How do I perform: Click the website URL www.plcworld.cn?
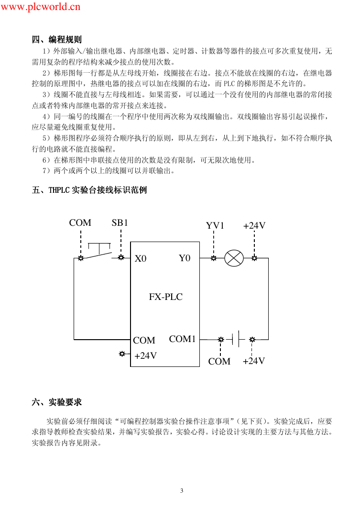point(40,7)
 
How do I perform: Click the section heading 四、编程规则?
point(57,40)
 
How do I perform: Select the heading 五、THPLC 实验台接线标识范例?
point(89,190)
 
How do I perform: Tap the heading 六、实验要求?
point(57,402)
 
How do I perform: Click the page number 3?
point(182,490)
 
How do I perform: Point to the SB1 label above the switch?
point(120,223)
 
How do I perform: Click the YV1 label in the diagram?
point(215,225)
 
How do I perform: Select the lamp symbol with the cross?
point(234,258)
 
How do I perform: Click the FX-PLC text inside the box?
point(166,297)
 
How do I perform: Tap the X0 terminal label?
point(141,258)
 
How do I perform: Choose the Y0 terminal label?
point(185,258)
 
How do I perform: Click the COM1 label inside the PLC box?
point(182,339)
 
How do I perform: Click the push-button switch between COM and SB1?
point(99,252)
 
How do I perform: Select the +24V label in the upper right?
point(254,225)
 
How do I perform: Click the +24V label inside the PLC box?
point(146,356)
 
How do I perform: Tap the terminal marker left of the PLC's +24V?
point(122,354)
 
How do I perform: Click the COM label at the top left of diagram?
point(80,223)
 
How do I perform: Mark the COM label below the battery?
point(219,361)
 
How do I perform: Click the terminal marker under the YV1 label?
point(214,258)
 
